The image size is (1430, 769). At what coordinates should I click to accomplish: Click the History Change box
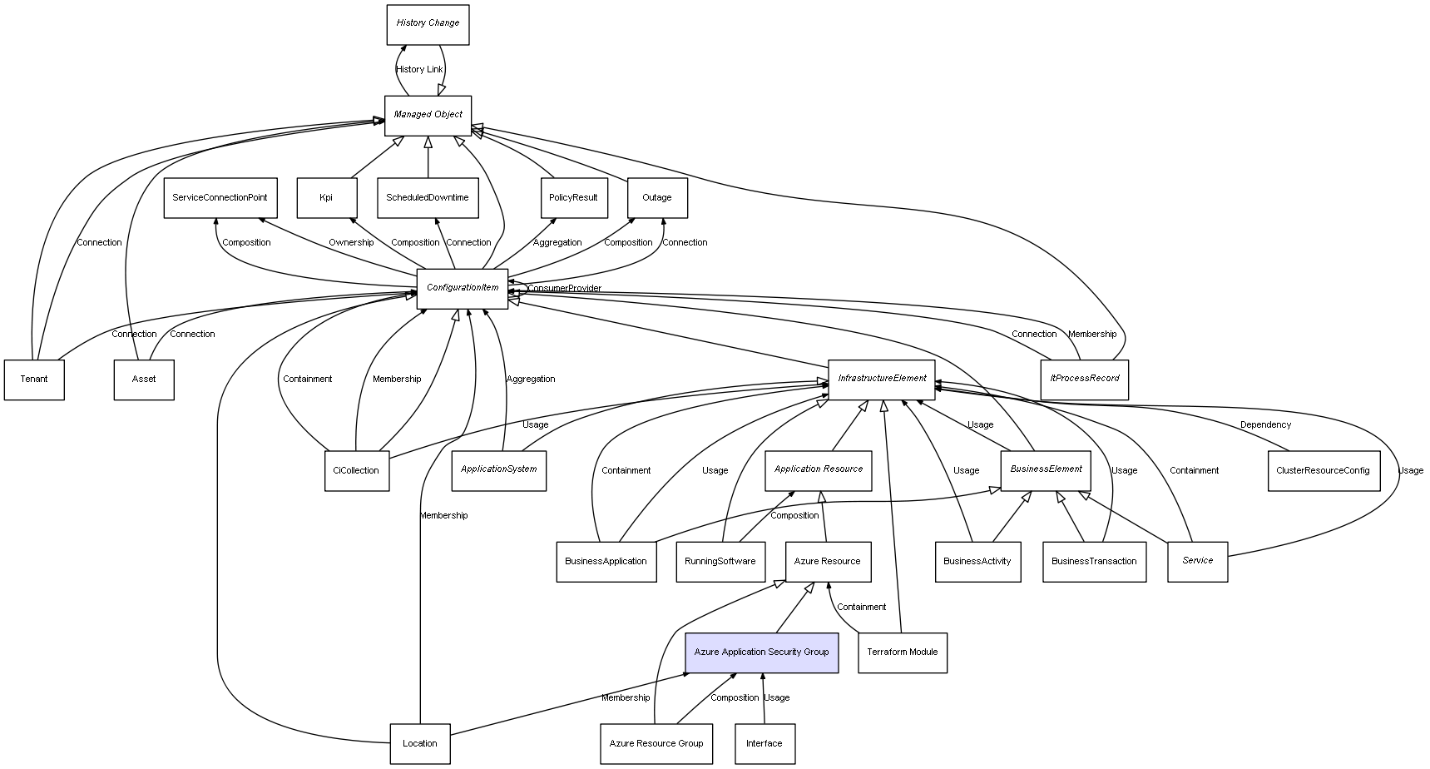click(428, 24)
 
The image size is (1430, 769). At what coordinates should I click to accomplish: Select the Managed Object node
click(428, 115)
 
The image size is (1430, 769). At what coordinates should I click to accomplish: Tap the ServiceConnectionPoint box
click(220, 198)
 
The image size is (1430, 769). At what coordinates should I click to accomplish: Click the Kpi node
click(326, 198)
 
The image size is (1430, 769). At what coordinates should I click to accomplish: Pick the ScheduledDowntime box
click(428, 198)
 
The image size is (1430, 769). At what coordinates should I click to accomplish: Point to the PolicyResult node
click(573, 198)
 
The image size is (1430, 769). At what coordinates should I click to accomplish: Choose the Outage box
click(656, 198)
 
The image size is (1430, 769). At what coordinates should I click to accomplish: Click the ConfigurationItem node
click(463, 288)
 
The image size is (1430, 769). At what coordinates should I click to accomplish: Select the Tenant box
click(34, 380)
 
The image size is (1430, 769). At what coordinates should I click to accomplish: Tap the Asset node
click(144, 380)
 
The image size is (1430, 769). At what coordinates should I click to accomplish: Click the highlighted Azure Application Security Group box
click(761, 652)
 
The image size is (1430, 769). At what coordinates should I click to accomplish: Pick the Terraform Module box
click(902, 652)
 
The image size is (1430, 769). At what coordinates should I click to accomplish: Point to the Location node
click(419, 744)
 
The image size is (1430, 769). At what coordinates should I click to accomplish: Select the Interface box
click(764, 744)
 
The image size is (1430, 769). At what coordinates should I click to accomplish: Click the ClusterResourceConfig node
click(1323, 471)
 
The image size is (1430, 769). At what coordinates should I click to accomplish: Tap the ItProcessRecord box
click(1084, 379)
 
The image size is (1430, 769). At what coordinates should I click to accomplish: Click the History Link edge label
click(419, 70)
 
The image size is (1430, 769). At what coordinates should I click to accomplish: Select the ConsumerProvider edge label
click(564, 289)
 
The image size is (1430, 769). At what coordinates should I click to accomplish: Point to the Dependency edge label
click(1265, 425)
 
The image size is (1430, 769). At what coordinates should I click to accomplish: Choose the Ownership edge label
click(351, 243)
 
